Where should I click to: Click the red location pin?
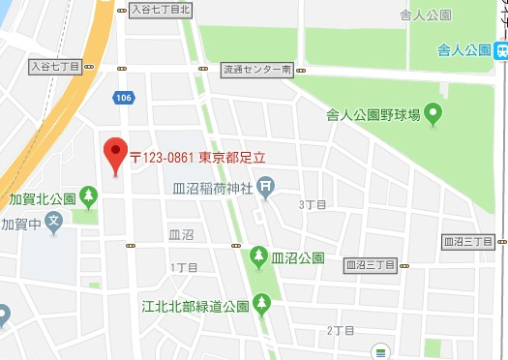coord(116,155)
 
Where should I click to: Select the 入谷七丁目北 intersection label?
coord(161,10)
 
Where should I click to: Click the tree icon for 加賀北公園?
coord(88,197)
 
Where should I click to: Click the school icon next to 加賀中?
coord(54,225)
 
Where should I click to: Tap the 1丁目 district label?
coord(183,266)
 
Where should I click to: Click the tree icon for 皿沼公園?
coord(258,257)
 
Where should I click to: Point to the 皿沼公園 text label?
coord(297,258)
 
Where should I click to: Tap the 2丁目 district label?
coord(341,330)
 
